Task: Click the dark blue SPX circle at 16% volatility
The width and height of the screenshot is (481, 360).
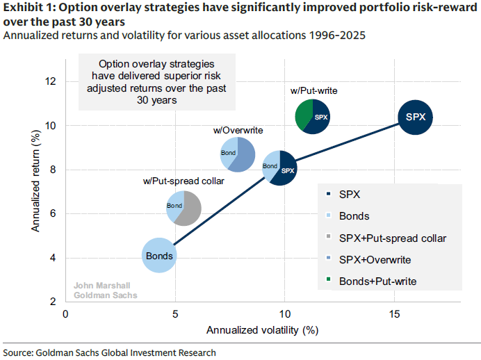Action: (416, 117)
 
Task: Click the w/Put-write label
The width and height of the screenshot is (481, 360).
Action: (313, 91)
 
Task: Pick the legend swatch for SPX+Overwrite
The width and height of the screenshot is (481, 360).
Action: (328, 259)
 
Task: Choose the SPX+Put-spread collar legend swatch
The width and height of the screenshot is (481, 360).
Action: (328, 238)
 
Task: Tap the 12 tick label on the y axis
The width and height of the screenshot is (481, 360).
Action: (49, 81)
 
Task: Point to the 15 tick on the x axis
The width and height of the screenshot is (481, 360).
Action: (394, 314)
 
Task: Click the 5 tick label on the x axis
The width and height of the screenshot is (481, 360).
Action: (174, 314)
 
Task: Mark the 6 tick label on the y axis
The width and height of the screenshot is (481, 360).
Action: (49, 213)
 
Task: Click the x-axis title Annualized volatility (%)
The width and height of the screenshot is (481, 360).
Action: (262, 331)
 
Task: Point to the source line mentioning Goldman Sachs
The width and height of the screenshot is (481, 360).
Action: (110, 352)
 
